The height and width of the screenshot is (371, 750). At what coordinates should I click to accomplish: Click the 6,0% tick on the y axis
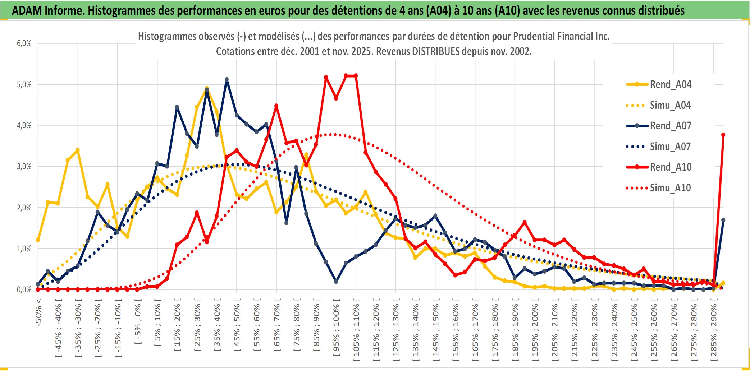24,43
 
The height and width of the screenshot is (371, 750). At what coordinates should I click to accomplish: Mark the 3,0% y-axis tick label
24,167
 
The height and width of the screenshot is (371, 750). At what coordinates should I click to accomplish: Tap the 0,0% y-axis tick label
24,289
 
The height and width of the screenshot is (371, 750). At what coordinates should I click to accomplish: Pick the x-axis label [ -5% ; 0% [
138,323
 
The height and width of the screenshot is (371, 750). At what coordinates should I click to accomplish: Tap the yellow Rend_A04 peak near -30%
78,150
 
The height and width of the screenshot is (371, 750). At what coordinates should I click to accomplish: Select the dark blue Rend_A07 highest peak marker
227,80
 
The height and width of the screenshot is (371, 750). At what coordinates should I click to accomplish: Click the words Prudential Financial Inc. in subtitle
561,36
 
